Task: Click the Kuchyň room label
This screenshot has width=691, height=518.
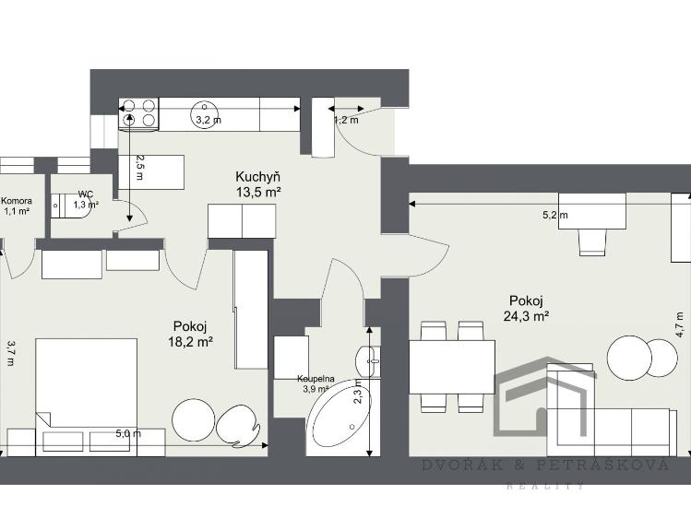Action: tap(258, 176)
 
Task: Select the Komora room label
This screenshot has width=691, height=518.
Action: tap(17, 201)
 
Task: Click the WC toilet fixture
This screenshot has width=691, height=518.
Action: tap(65, 205)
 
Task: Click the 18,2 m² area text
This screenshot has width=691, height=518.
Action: tap(193, 341)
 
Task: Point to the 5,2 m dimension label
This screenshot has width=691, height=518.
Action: tap(554, 216)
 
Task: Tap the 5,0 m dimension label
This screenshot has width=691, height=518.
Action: tap(128, 433)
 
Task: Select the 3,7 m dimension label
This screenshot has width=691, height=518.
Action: tap(10, 352)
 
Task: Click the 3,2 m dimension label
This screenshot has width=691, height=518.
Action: tap(207, 119)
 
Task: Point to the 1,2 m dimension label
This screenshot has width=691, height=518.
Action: tap(345, 119)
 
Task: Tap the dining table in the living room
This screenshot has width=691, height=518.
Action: tap(451, 366)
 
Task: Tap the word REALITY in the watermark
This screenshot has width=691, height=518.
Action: tap(544, 486)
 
